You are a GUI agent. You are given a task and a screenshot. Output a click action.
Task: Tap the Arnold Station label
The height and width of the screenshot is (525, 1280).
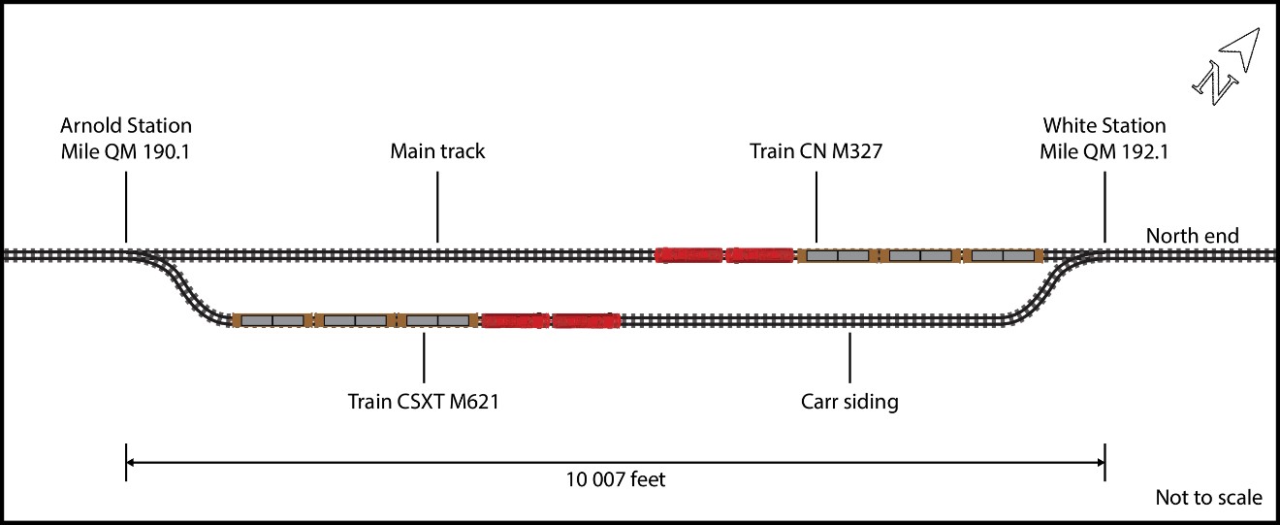point(126,138)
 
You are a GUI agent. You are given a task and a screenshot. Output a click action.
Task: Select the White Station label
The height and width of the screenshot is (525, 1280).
point(1104,138)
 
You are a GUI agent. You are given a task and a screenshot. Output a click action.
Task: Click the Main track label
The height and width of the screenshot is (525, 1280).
point(437,151)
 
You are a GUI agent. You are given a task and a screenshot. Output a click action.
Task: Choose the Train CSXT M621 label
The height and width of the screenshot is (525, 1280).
point(424,401)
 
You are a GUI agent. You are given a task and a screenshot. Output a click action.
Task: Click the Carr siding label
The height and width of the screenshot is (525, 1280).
point(849,401)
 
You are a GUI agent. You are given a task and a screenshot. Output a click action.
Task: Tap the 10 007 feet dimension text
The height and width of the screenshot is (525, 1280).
point(616,479)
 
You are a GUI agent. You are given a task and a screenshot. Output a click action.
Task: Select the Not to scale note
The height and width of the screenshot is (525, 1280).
point(1208,498)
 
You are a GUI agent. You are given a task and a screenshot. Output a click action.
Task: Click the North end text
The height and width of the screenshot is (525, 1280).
point(1192,236)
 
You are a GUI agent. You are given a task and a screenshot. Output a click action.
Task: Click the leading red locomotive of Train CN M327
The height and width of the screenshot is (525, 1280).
point(689,255)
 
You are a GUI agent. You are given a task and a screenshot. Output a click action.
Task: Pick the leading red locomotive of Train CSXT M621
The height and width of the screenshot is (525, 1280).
point(586,320)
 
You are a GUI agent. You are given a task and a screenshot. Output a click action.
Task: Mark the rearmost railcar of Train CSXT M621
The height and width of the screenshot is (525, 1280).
point(272,320)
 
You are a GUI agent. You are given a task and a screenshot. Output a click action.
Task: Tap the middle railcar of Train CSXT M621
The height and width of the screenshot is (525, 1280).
point(355,320)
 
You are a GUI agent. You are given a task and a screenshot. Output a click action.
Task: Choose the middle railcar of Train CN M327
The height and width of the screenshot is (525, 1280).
point(919,255)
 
